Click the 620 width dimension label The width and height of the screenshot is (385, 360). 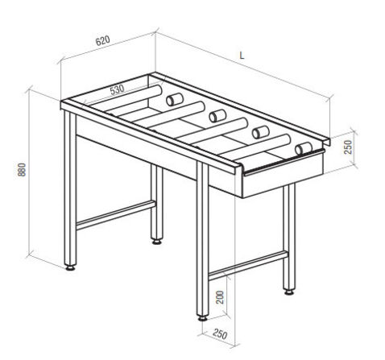[x=103, y=40]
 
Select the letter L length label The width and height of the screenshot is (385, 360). [x=242, y=56]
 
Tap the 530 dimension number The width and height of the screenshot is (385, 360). [x=117, y=89]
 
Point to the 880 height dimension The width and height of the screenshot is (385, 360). [x=22, y=169]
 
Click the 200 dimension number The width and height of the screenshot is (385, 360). [x=220, y=297]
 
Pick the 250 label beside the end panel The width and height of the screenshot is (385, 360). [x=348, y=147]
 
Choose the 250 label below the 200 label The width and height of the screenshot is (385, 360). [x=220, y=334]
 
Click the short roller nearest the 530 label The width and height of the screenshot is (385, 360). [x=175, y=99]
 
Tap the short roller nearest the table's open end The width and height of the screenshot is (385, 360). [x=304, y=148]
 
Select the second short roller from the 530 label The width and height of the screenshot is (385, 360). [x=217, y=116]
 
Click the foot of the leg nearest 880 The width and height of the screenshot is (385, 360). [x=70, y=267]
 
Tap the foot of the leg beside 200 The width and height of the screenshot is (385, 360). [x=203, y=318]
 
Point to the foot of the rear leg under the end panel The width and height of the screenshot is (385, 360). [x=289, y=292]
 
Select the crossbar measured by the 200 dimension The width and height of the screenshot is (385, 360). [x=248, y=265]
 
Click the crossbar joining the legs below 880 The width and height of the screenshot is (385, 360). [x=116, y=215]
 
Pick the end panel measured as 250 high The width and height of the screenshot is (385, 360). [x=283, y=175]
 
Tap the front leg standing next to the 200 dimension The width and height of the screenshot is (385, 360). [x=203, y=239]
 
